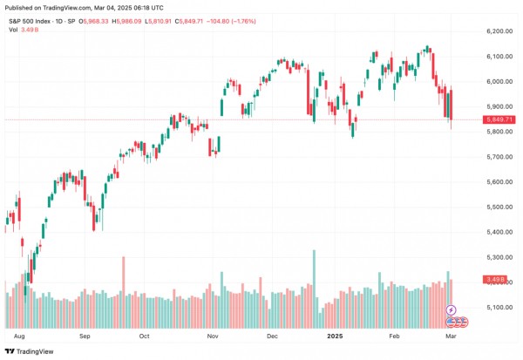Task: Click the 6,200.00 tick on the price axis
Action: [x=493, y=31]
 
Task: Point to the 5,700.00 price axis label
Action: [x=493, y=157]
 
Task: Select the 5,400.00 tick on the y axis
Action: [x=493, y=232]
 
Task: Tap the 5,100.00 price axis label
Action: [x=493, y=307]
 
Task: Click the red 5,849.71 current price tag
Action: [x=493, y=119]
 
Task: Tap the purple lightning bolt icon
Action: [x=451, y=310]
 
